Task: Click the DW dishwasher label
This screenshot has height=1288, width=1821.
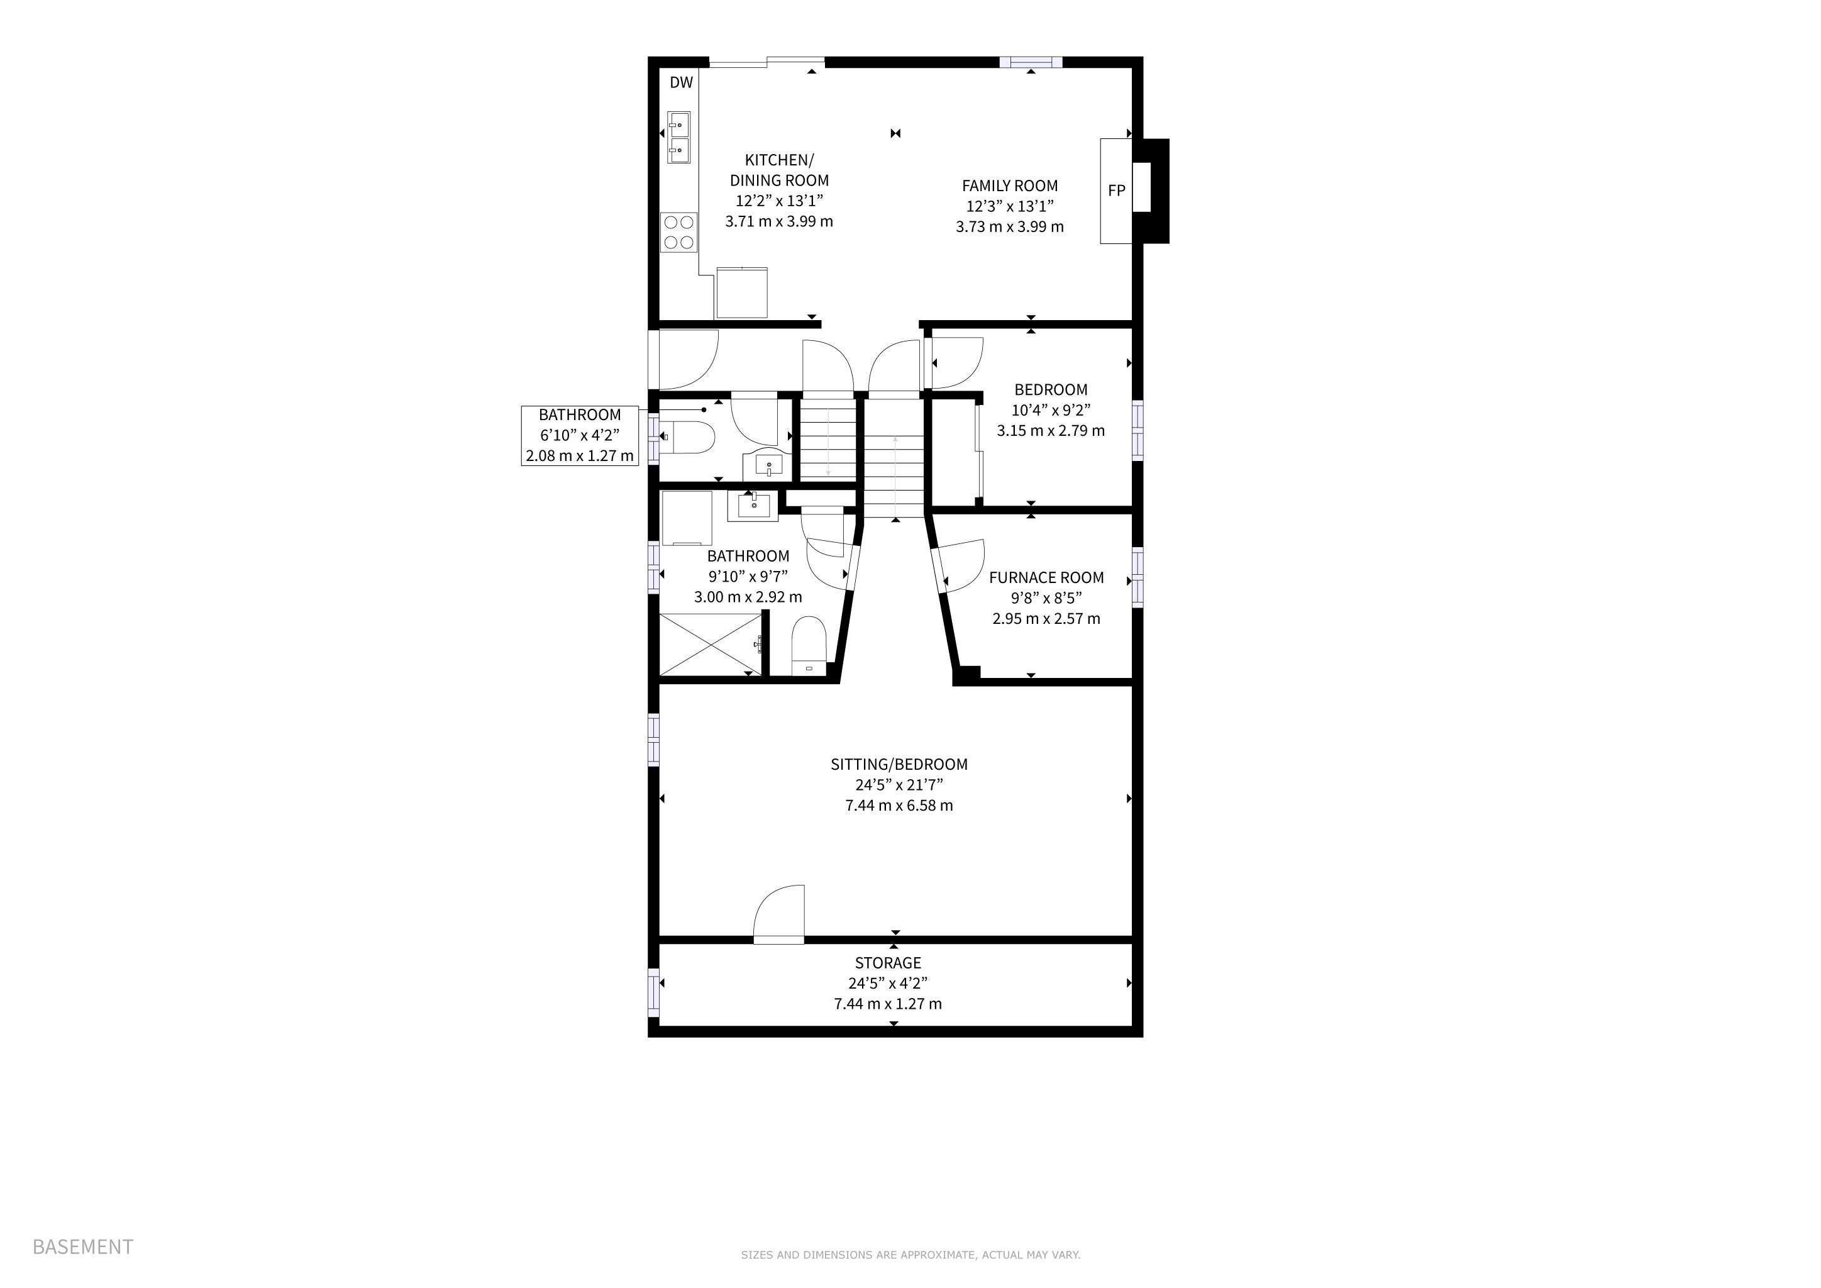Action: click(x=681, y=82)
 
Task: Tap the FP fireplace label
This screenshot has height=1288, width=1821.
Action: click(x=1116, y=191)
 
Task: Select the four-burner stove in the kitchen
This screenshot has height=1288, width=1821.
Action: click(x=679, y=232)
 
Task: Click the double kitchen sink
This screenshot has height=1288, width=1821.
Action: click(x=679, y=136)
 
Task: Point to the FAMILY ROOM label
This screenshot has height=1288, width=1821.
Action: click(x=1010, y=186)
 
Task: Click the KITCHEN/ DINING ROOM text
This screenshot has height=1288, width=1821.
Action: click(x=779, y=170)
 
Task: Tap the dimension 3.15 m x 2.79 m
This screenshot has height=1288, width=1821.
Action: click(x=1050, y=431)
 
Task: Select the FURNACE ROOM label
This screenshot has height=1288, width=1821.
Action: click(x=1046, y=577)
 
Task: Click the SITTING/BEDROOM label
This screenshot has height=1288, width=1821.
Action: click(x=899, y=765)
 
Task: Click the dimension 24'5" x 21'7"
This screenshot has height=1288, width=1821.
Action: click(x=899, y=785)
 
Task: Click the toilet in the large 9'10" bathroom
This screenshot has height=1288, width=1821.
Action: click(x=810, y=646)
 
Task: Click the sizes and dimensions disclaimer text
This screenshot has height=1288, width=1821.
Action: click(x=911, y=1255)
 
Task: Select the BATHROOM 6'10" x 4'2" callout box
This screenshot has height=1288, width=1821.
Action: click(x=580, y=435)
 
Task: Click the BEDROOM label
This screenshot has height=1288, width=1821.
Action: click(x=1050, y=389)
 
